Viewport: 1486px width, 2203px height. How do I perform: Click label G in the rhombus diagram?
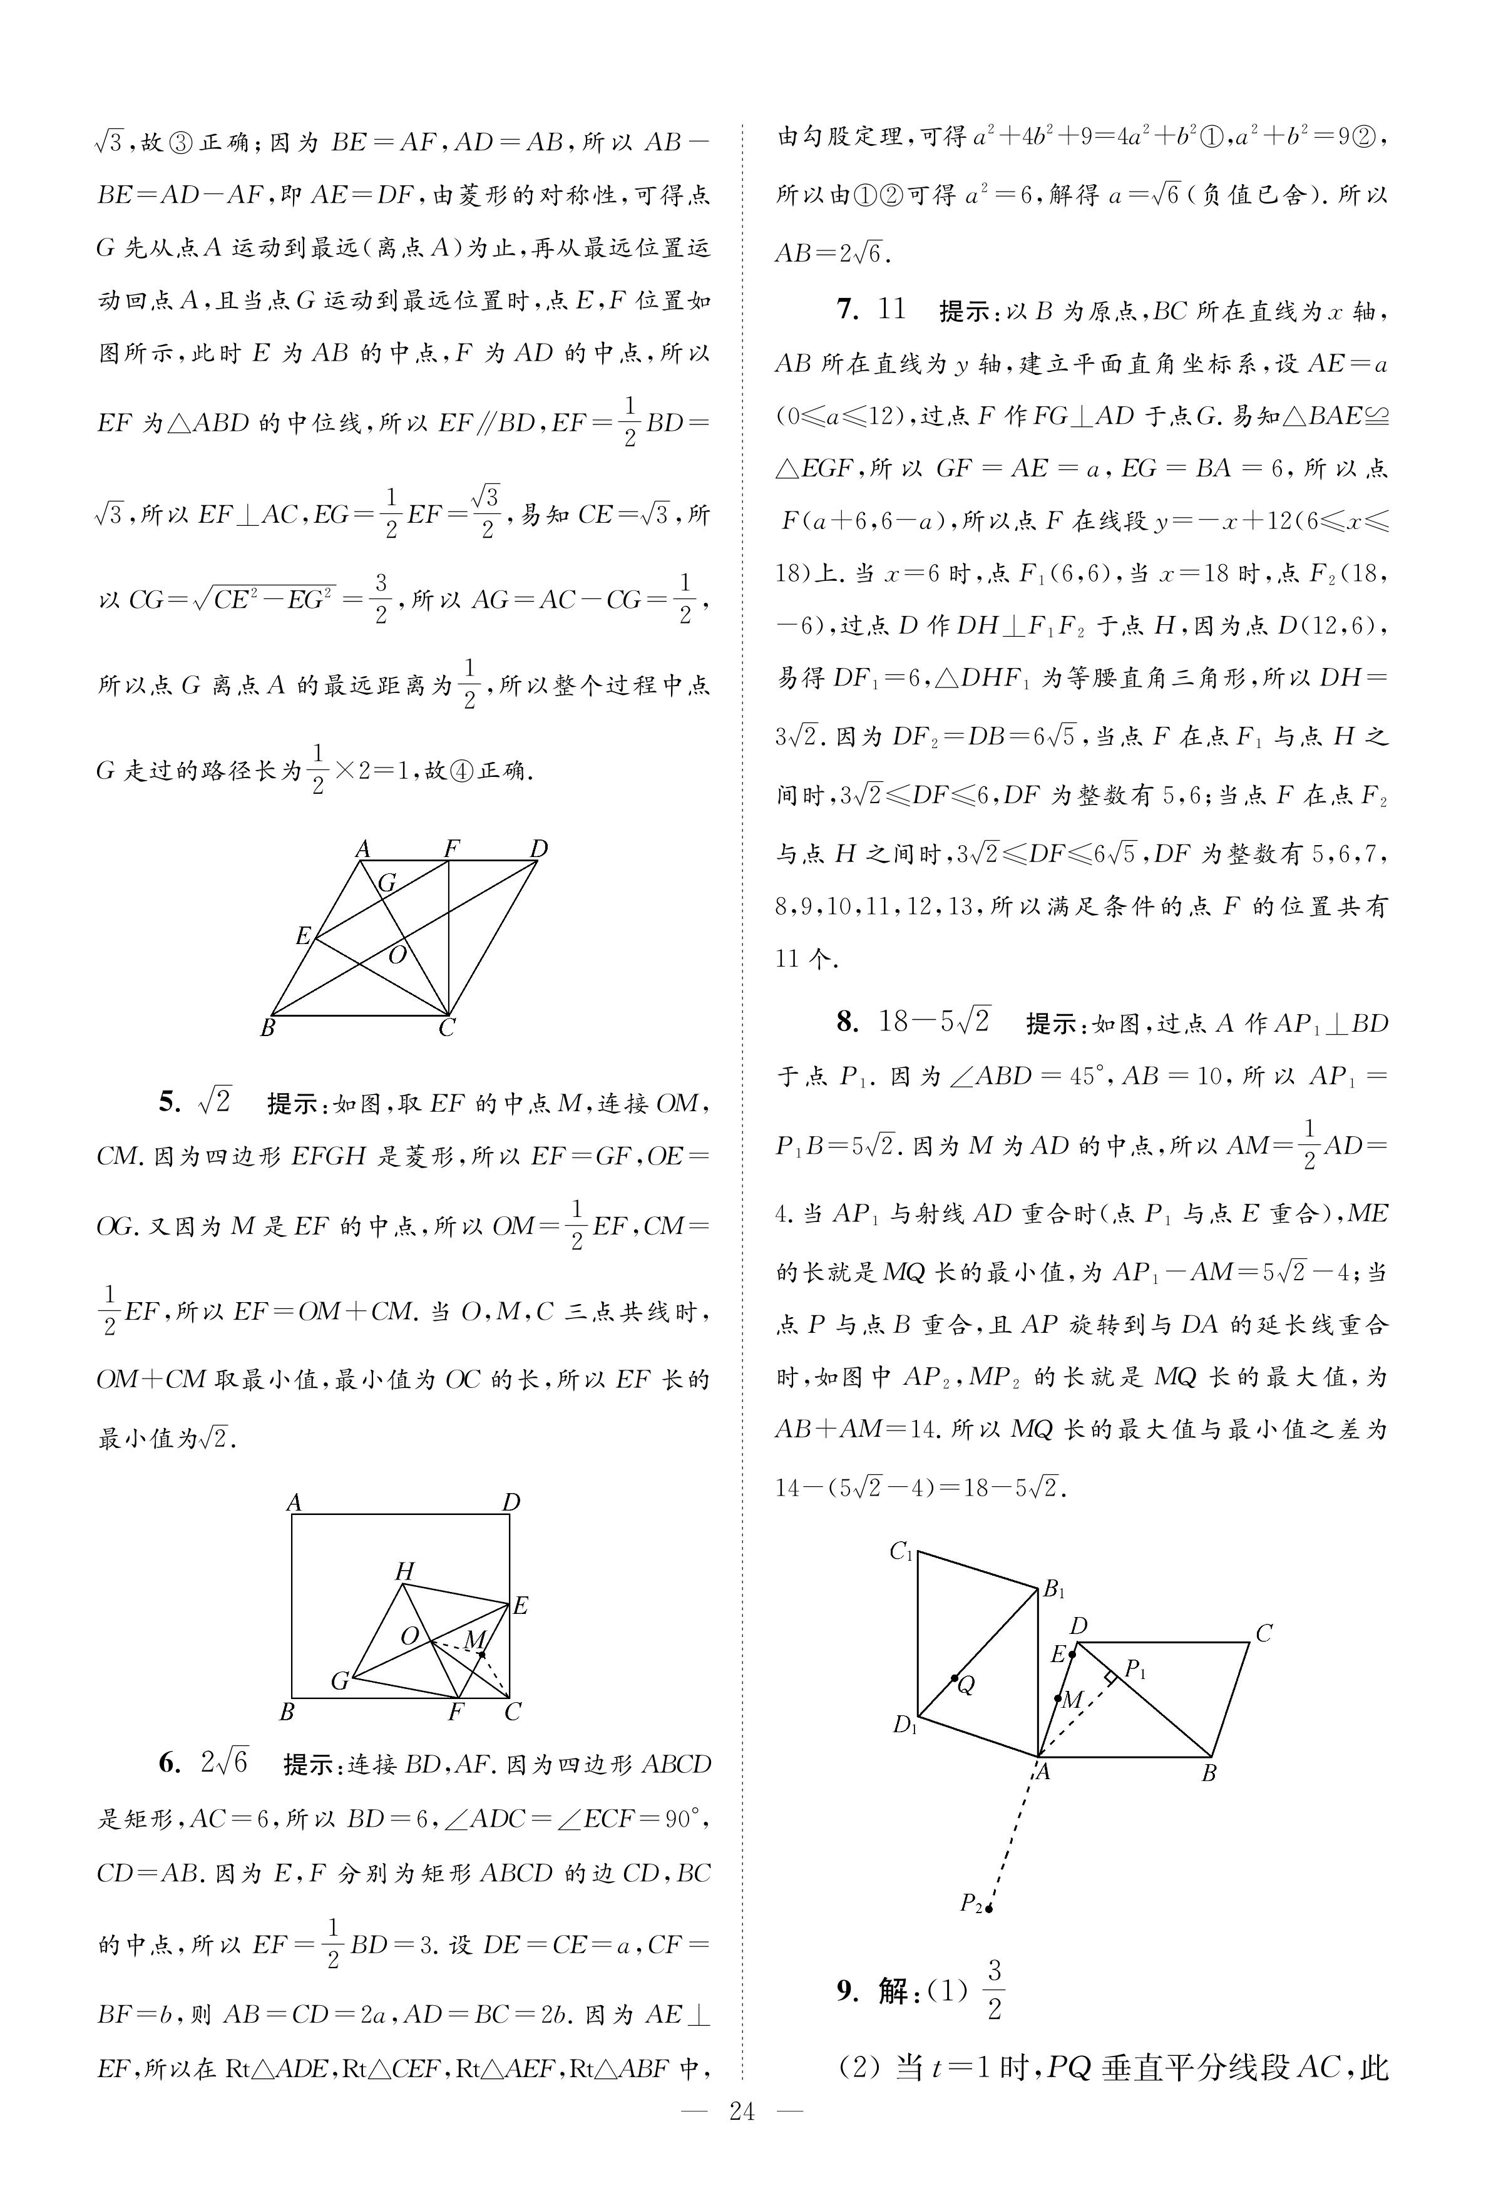click(x=387, y=883)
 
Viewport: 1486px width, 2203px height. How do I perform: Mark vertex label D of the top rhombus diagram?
click(x=538, y=848)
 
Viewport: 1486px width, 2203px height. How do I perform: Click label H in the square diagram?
click(x=404, y=1571)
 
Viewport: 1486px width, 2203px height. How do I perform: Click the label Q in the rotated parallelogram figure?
click(x=966, y=1686)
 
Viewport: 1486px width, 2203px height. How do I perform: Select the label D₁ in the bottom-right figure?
click(x=905, y=1725)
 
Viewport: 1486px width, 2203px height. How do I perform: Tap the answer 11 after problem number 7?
click(x=892, y=310)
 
